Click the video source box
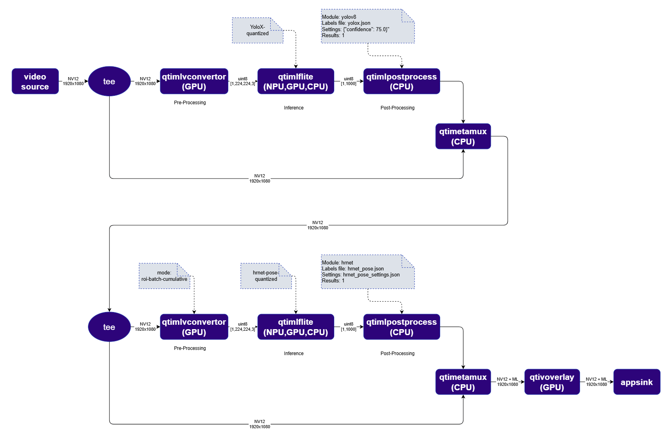[35, 81]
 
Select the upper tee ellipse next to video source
[109, 81]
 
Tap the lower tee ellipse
[109, 327]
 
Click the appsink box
[636, 382]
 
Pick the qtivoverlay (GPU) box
[552, 382]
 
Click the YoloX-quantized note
[258, 30]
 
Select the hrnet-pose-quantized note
[266, 276]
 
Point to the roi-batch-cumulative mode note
[164, 276]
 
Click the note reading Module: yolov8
[368, 26]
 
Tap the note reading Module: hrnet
[368, 272]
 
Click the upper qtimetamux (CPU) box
[463, 136]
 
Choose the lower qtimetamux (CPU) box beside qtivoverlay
[463, 382]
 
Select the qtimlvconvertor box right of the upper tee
[194, 81]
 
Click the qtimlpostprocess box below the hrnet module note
[402, 327]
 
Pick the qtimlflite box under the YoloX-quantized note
[296, 81]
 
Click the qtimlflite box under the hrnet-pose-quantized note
[296, 327]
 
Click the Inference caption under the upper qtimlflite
[294, 107]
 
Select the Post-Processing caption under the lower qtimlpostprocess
[397, 354]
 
